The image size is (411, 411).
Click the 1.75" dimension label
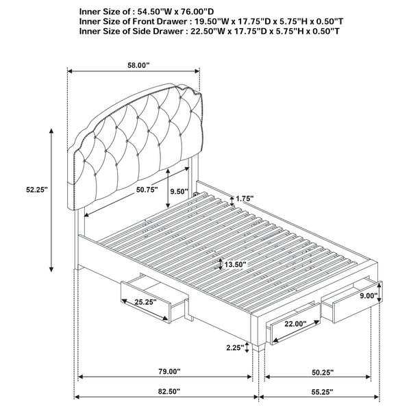pos(245,199)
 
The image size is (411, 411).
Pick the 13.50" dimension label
pos(233,264)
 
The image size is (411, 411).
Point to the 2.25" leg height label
pos(235,348)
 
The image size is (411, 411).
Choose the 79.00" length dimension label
pos(165,372)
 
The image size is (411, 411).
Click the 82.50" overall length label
pos(165,392)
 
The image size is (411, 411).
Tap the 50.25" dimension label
pos(319,372)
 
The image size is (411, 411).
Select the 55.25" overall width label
pos(319,392)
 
